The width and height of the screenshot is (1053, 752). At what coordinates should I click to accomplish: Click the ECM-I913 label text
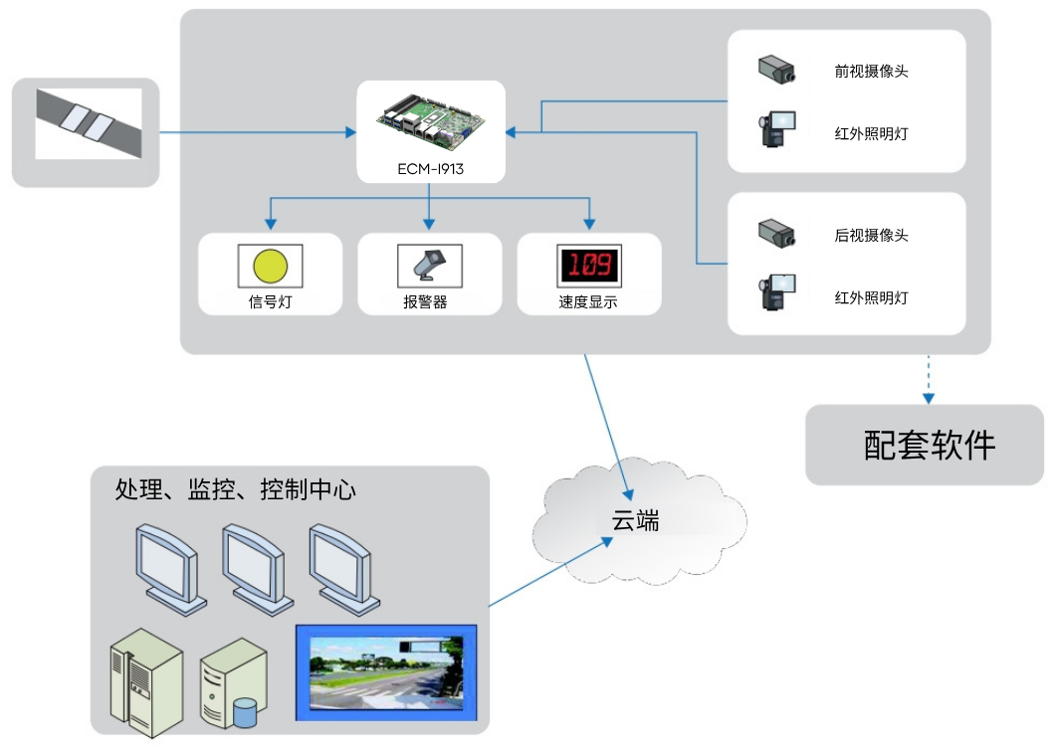[430, 170]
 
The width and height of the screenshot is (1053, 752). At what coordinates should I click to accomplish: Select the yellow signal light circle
[270, 267]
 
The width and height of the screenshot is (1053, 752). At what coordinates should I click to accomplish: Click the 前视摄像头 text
[871, 72]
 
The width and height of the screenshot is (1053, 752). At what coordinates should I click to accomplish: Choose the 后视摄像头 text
[871, 236]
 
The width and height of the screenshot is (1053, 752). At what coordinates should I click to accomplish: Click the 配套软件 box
[925, 445]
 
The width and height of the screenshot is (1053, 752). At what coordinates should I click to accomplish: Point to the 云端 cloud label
[635, 520]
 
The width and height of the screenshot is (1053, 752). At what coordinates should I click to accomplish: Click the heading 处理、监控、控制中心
[236, 490]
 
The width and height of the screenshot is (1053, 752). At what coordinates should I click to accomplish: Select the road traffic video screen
[387, 672]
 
